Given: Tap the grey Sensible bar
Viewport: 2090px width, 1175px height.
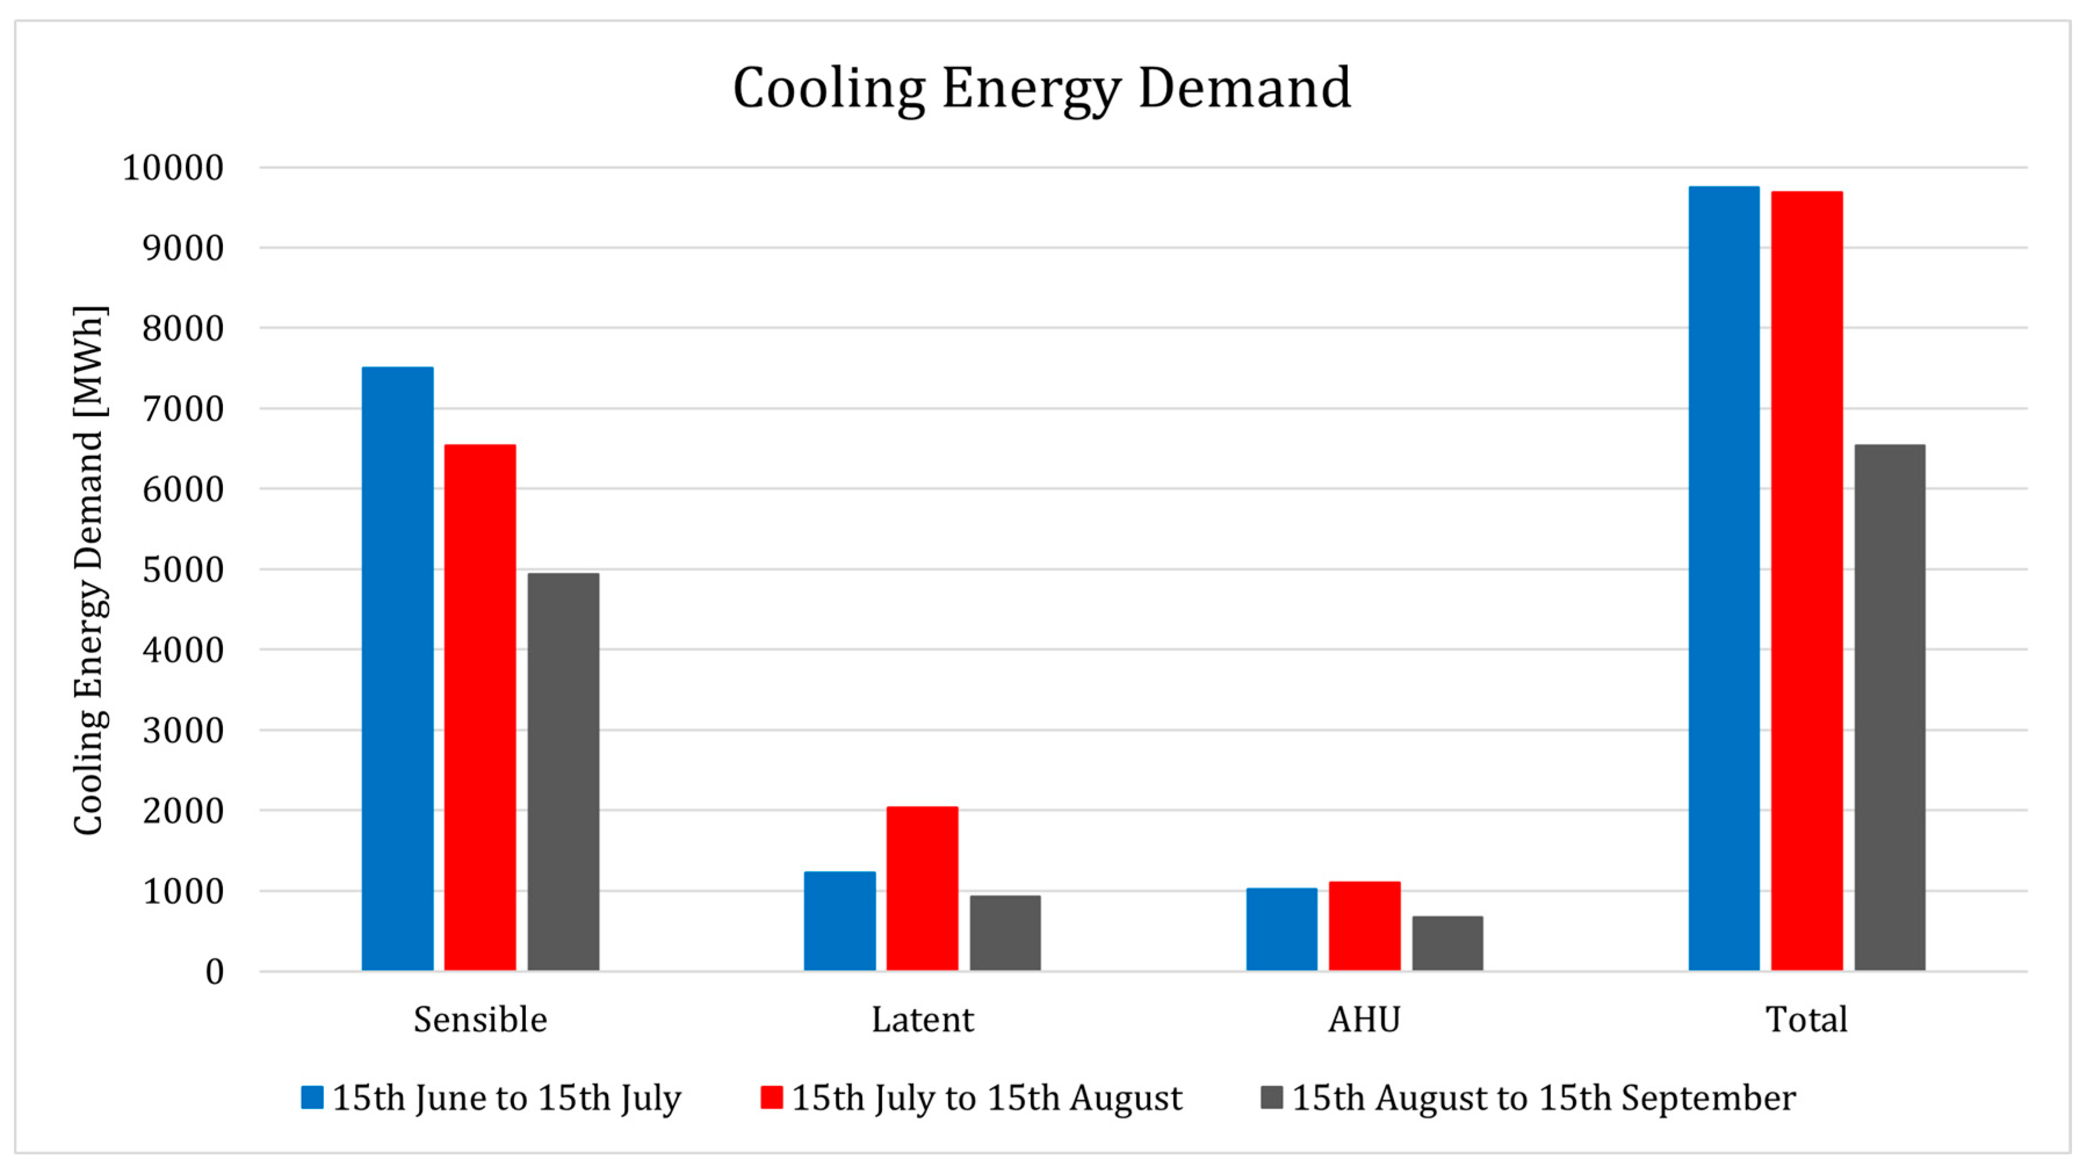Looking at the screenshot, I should click(x=563, y=772).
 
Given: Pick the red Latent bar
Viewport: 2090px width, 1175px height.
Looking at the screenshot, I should click(x=921, y=888).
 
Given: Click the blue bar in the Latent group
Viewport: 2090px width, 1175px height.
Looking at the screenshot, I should click(x=839, y=920).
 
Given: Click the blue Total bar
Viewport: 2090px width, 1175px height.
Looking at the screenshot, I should click(x=1723, y=578).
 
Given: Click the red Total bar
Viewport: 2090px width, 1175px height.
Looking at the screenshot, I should click(x=1806, y=580).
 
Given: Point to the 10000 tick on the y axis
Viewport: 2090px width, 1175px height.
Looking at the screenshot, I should click(x=172, y=168).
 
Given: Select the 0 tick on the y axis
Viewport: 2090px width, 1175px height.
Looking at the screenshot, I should click(x=214, y=971).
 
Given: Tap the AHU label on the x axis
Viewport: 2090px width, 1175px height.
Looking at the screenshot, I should click(x=1364, y=1019).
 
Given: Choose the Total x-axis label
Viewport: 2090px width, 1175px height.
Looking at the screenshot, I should click(x=1806, y=1019).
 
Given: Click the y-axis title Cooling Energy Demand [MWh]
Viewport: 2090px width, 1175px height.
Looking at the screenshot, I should click(x=89, y=570).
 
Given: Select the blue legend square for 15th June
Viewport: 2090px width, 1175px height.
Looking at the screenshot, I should click(x=312, y=1097).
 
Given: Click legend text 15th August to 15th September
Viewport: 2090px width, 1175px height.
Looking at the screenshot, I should click(x=1543, y=1097).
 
